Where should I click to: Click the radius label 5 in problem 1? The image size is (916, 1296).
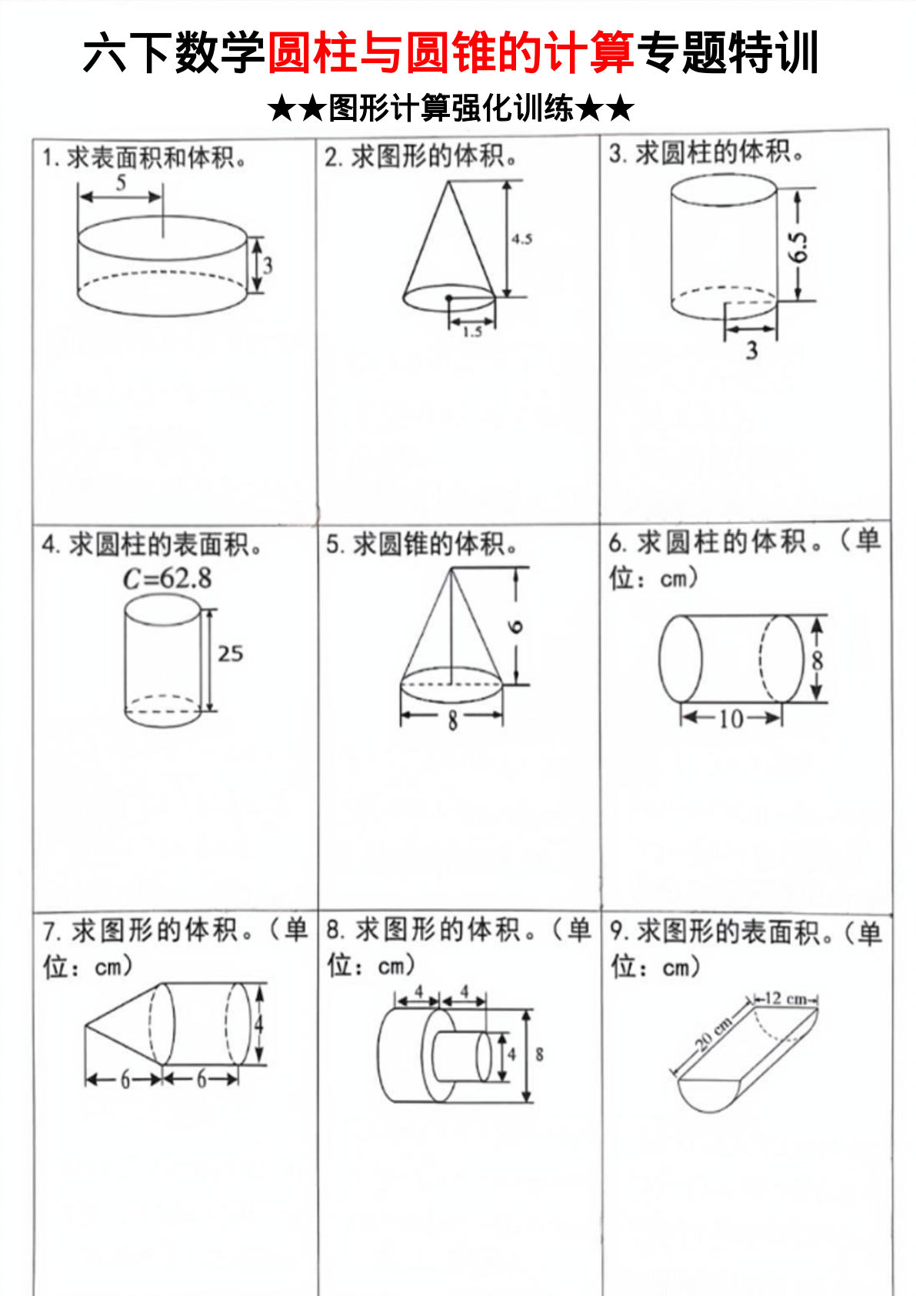[x=122, y=182]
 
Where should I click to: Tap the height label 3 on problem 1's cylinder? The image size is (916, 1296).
[x=268, y=266]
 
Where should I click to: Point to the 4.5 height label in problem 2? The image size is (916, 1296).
[x=521, y=239]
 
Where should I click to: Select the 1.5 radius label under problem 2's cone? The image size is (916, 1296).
[x=472, y=332]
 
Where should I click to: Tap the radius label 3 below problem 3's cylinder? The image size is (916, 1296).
[x=751, y=351]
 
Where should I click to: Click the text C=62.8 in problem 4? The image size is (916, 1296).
[x=167, y=579]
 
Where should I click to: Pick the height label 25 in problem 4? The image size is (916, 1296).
[x=230, y=654]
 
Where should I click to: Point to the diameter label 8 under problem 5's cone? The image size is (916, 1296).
[x=452, y=720]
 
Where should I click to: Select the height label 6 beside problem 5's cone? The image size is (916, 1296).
[x=516, y=626]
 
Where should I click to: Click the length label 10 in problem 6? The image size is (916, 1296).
[x=731, y=719]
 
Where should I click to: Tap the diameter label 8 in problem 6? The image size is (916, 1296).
[x=817, y=660]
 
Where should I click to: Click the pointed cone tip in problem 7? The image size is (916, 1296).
[x=86, y=1025]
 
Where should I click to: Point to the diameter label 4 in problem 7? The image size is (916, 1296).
[x=259, y=1024]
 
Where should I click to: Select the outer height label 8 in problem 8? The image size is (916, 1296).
[x=539, y=1054]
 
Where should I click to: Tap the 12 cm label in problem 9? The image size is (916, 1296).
[x=785, y=999]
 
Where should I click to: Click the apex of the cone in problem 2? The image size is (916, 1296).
[x=448, y=182]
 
